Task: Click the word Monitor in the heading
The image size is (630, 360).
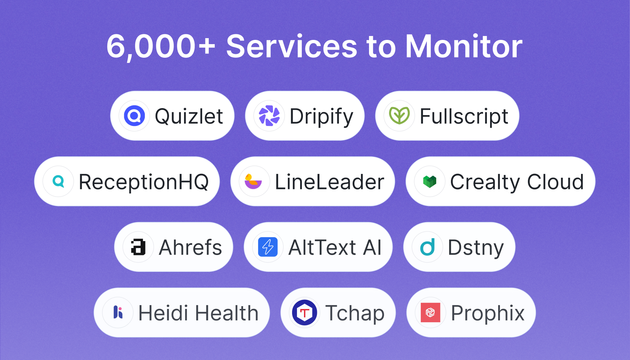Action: (x=463, y=46)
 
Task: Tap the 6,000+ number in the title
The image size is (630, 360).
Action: (x=161, y=47)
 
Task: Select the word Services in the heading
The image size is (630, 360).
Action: (x=292, y=46)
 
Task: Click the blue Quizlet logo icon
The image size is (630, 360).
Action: (x=135, y=116)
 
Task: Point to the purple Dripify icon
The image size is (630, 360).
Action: (x=269, y=116)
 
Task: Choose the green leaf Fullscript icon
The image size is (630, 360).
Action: (x=399, y=116)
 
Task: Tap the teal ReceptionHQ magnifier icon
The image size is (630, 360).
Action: (x=58, y=181)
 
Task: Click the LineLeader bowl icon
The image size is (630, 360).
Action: (x=253, y=181)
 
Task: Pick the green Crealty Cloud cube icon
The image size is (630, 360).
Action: (x=430, y=181)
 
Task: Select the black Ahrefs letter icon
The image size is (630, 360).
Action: (x=138, y=247)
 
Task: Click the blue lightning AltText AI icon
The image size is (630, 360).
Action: (x=268, y=247)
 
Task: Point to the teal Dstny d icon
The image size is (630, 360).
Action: (x=427, y=247)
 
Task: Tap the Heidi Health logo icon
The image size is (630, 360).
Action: (x=118, y=312)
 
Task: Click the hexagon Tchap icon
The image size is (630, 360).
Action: (x=305, y=312)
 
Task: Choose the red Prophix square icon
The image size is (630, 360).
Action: (x=430, y=312)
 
